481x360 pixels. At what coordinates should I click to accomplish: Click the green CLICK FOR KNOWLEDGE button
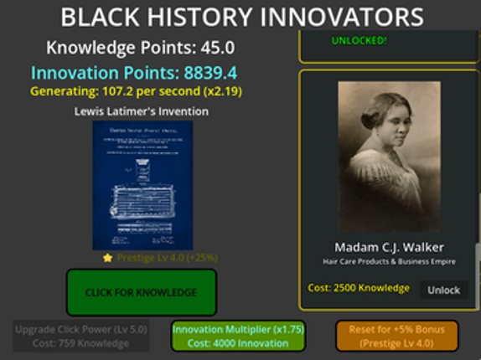point(141,292)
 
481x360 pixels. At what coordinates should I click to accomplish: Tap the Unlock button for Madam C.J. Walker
point(443,290)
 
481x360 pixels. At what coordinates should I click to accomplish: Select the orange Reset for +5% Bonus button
point(396,336)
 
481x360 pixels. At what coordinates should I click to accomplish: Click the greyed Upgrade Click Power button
point(82,336)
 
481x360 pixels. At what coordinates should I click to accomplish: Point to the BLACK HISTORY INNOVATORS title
point(241,17)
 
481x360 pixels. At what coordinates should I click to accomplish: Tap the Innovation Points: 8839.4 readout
point(140,72)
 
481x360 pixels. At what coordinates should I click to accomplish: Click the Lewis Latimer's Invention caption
point(141,111)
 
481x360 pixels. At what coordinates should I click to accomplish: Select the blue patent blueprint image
point(142,184)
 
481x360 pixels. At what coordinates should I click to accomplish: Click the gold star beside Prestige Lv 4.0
point(107,258)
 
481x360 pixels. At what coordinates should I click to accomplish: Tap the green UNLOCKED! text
point(359,40)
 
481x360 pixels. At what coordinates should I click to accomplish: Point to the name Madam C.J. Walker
point(389,247)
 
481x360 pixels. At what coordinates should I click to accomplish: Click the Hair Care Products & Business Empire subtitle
point(389,262)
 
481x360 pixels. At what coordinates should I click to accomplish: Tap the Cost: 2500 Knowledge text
point(358,288)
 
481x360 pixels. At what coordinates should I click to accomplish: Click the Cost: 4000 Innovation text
point(238,343)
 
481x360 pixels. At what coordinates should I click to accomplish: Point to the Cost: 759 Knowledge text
point(82,343)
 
